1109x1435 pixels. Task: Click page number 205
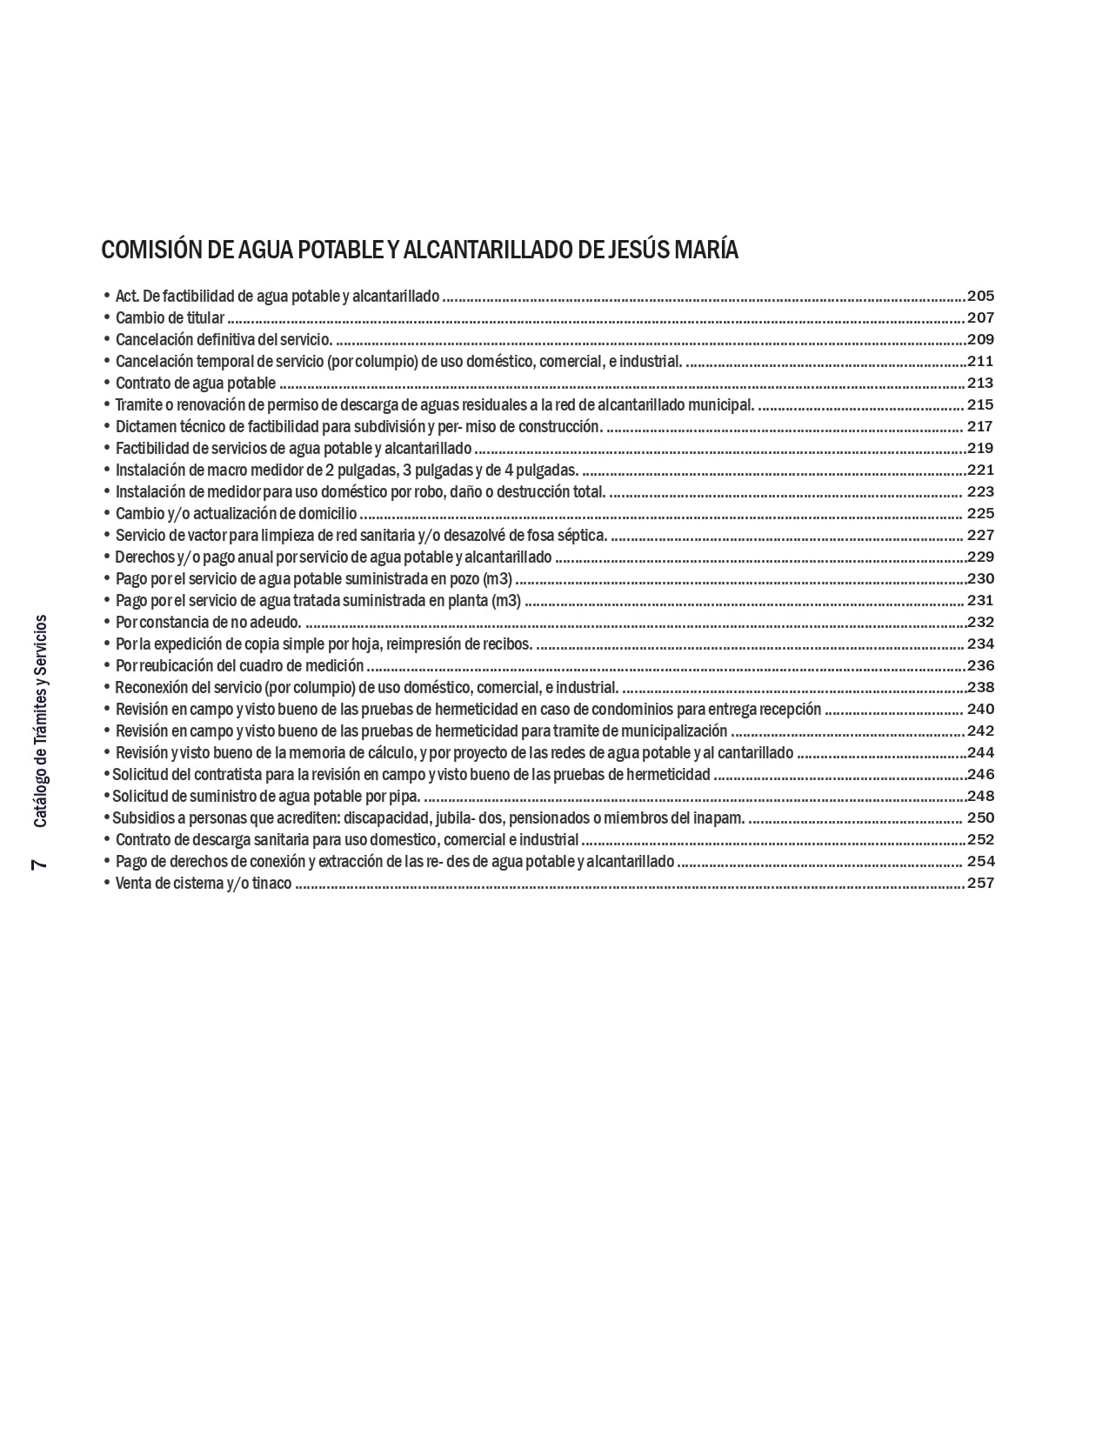pyautogui.click(x=980, y=296)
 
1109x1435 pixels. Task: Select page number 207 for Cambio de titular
pyautogui.click(x=980, y=317)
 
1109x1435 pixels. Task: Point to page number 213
pyautogui.click(x=980, y=383)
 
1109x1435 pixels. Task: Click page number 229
pyautogui.click(x=980, y=557)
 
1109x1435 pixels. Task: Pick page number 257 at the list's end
pyautogui.click(x=980, y=883)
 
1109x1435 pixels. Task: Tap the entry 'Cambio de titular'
pyautogui.click(x=170, y=317)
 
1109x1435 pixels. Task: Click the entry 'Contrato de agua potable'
pyautogui.click(x=196, y=383)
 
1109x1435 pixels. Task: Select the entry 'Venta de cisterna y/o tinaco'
pyautogui.click(x=204, y=884)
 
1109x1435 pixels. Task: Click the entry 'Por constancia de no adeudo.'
pyautogui.click(x=209, y=622)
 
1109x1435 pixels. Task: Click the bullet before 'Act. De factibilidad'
pyautogui.click(x=107, y=296)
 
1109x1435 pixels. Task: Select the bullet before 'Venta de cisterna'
pyautogui.click(x=107, y=883)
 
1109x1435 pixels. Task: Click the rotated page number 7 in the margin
pyautogui.click(x=39, y=864)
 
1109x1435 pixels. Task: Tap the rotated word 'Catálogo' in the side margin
pyautogui.click(x=39, y=798)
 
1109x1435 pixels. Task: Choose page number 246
pyautogui.click(x=980, y=774)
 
